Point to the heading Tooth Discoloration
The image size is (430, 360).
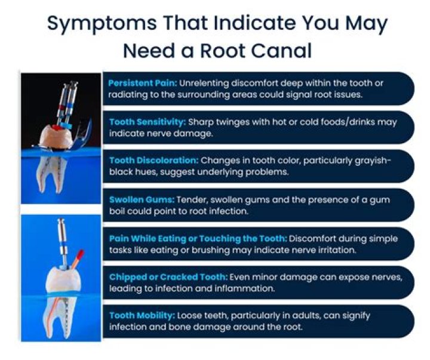153,161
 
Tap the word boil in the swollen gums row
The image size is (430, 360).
119,211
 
